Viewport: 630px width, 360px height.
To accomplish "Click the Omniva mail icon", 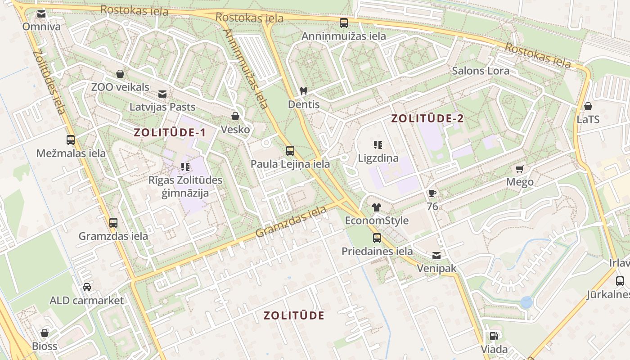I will pos(41,14).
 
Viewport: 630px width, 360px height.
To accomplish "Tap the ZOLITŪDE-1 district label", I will pos(170,132).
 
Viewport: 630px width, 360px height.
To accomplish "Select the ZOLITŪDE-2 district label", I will pos(427,119).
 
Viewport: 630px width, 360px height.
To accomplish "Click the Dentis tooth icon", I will pos(304,91).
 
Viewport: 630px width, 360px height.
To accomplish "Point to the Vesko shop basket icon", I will pos(235,116).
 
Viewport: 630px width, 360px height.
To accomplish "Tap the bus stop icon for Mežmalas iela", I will pos(71,139).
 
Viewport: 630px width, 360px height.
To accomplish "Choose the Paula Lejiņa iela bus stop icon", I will pos(290,151).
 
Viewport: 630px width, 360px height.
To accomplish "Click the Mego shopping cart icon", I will pos(520,169).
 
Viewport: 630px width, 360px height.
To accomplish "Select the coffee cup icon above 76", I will pos(432,193).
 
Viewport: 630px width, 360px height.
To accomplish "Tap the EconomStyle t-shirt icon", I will pos(377,207).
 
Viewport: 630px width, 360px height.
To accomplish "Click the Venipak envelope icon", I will pos(436,256).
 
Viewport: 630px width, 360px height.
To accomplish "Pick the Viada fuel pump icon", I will pos(494,336).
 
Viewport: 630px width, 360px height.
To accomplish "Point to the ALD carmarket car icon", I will pos(86,287).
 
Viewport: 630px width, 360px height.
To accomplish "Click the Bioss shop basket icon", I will pos(45,333).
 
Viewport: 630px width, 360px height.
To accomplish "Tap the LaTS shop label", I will pos(588,120).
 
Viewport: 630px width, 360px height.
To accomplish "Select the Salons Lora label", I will pos(481,71).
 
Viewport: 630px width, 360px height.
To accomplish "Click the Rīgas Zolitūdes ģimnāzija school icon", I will pos(185,167).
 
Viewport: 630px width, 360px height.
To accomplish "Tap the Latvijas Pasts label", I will pos(162,107).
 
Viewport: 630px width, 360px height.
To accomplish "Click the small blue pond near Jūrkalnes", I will pos(526,302).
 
